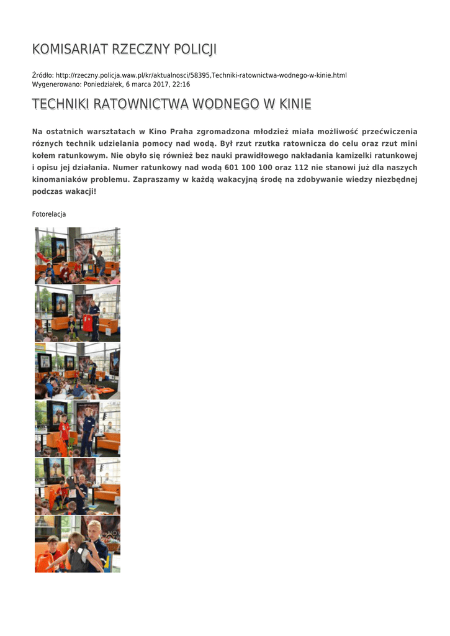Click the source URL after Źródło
(x=201, y=75)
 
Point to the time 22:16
(x=181, y=84)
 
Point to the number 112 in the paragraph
(x=302, y=168)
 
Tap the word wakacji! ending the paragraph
(x=79, y=191)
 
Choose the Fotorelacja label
(x=49, y=214)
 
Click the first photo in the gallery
(x=78, y=256)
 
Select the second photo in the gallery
(x=78, y=314)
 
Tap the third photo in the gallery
(x=78, y=371)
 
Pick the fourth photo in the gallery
(x=78, y=429)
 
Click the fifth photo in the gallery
(x=78, y=487)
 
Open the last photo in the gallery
(x=78, y=544)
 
